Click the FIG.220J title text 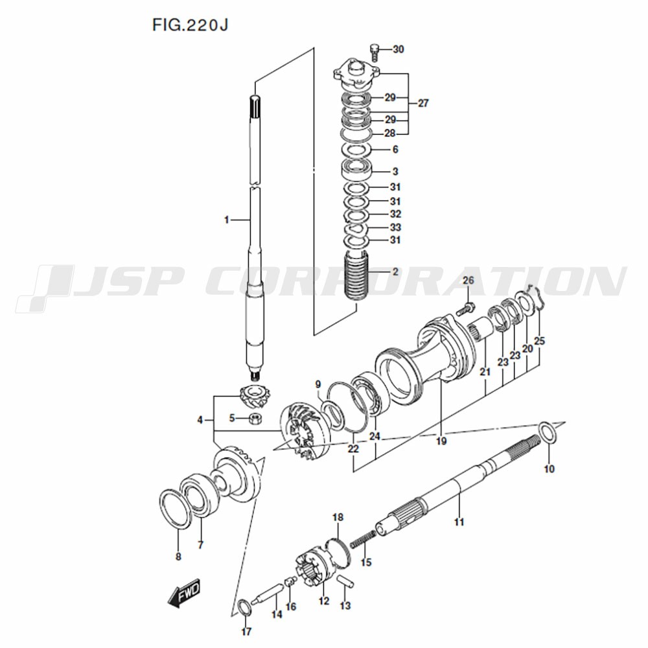(x=190, y=25)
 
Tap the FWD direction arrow (x=184, y=592)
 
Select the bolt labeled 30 (x=375, y=52)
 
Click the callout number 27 (x=423, y=103)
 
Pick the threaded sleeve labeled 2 (x=356, y=275)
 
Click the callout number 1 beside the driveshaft (x=226, y=220)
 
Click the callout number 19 (x=441, y=441)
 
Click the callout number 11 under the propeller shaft (x=459, y=522)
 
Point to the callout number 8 (x=178, y=557)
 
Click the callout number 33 (x=395, y=227)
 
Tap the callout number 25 (x=539, y=341)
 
